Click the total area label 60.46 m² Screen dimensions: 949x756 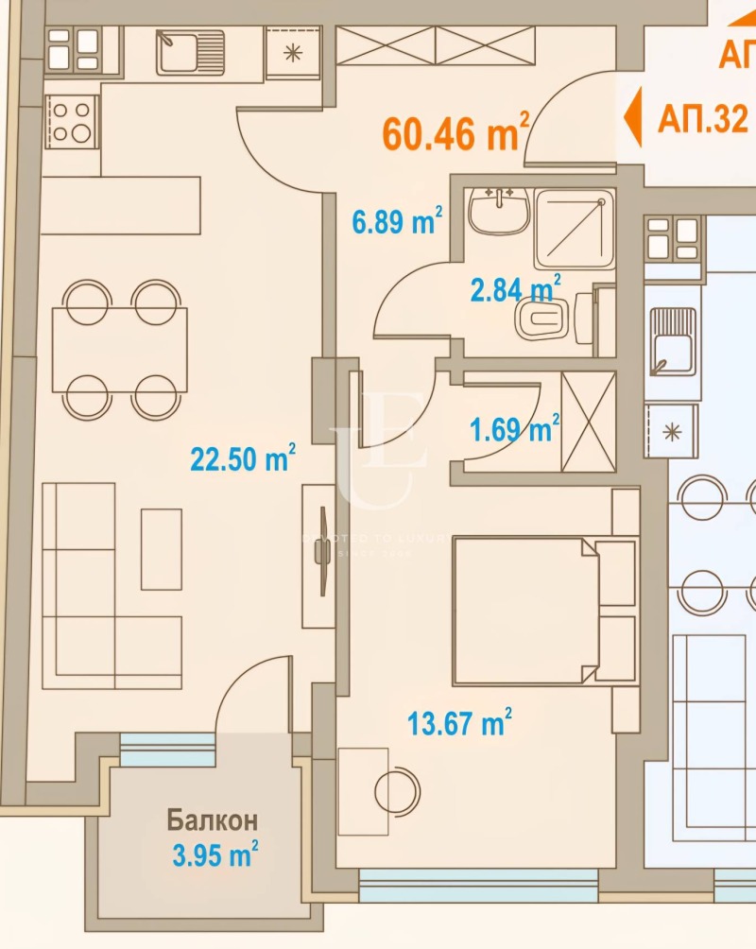(x=455, y=133)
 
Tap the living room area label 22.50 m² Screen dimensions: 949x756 (x=242, y=459)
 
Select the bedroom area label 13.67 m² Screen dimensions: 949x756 (x=459, y=724)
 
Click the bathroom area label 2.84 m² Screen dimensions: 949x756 (x=515, y=287)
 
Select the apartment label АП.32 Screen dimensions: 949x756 (x=703, y=120)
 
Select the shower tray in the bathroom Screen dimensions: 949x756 (x=575, y=229)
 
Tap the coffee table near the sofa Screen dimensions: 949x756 (x=161, y=549)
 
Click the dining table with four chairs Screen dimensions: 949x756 (x=120, y=349)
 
